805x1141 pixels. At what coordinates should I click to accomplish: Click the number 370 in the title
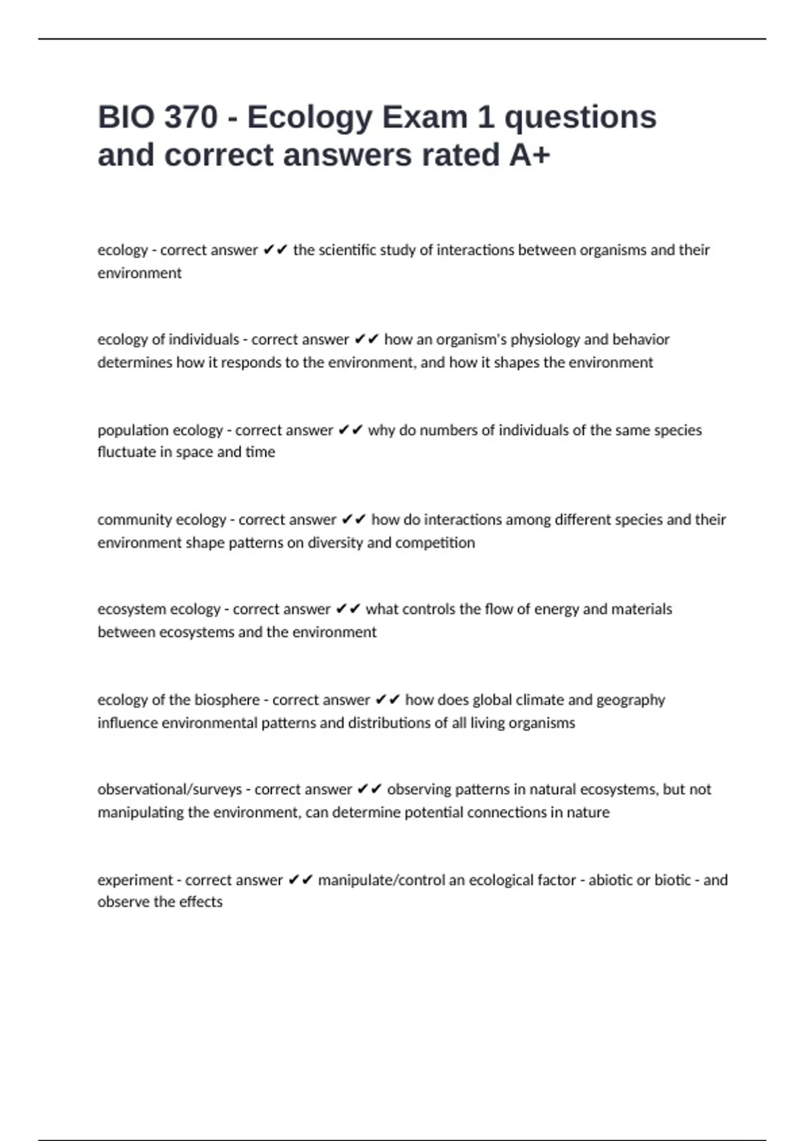click(191, 117)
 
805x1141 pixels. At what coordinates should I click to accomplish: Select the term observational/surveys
click(170, 789)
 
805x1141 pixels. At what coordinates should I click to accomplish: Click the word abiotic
click(610, 880)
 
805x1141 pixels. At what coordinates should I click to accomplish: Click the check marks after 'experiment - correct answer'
click(301, 880)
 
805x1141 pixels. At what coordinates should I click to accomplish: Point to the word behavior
click(642, 340)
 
